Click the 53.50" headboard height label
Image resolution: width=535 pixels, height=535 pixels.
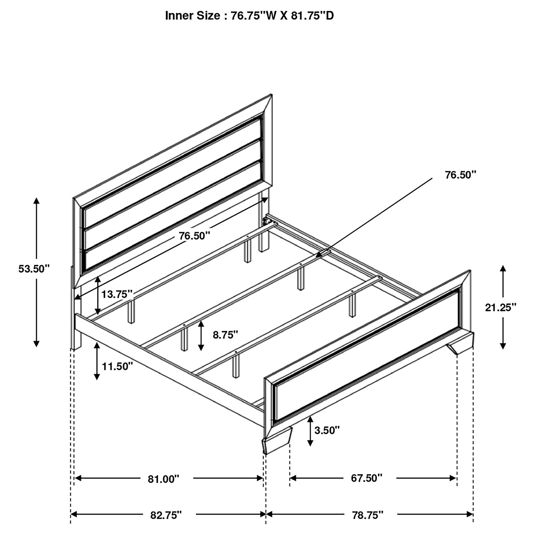34,269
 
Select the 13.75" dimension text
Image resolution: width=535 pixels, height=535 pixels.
117,294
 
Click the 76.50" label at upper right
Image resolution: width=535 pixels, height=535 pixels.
461,175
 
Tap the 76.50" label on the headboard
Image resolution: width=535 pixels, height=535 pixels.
194,236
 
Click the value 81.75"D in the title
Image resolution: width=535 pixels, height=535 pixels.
312,16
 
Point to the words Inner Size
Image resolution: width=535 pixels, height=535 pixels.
192,16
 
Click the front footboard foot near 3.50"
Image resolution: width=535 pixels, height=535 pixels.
277,443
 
